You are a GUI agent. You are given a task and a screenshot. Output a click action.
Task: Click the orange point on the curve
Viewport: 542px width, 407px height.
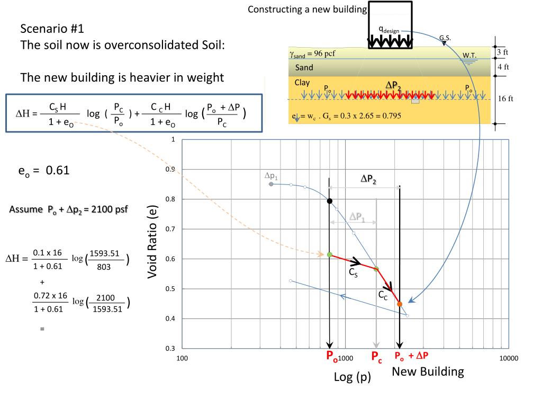tap(400, 304)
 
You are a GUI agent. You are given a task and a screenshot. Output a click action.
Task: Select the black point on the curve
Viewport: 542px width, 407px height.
tap(330, 201)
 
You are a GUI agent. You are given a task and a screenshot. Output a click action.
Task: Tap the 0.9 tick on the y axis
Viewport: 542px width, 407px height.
tap(171, 170)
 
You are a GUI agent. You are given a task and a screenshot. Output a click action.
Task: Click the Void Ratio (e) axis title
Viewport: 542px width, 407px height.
tap(153, 242)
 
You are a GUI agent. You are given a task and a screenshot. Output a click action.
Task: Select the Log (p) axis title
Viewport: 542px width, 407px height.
tap(352, 377)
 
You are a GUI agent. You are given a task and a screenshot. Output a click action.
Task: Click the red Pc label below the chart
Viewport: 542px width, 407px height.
tap(376, 356)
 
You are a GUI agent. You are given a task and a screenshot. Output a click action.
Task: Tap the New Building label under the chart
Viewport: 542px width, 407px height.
tap(428, 371)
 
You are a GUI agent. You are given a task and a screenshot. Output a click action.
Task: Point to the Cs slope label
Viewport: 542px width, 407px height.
tap(353, 272)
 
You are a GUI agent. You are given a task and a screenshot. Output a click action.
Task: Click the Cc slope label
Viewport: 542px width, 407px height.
tap(383, 296)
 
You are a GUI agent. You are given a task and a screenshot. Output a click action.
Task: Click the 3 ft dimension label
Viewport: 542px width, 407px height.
tap(502, 52)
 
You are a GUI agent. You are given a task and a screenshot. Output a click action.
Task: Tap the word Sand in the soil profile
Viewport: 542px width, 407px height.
tap(304, 67)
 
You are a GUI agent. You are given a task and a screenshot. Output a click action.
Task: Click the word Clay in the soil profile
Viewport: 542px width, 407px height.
tap(302, 83)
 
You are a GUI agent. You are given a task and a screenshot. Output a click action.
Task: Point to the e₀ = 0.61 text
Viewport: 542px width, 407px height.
tap(44, 171)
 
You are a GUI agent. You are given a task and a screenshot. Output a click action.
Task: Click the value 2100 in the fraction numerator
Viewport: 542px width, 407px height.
tap(105, 298)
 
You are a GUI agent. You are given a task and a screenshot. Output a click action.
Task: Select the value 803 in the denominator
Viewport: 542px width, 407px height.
tap(104, 267)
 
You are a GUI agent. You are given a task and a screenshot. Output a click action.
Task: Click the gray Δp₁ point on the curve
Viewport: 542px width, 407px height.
tap(271, 184)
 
